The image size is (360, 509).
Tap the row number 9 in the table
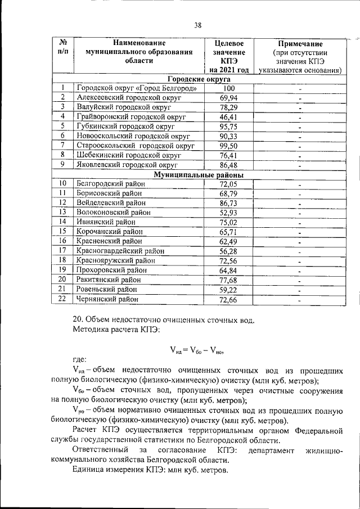[64, 164]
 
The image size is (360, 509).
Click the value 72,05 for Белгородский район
[228, 183]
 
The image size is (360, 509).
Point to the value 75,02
[228, 222]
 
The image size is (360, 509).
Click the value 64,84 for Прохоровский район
[228, 270]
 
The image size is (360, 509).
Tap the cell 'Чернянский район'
[107, 299]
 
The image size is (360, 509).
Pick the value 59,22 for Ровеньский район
[228, 290]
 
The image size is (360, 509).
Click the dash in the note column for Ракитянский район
[300, 281]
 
